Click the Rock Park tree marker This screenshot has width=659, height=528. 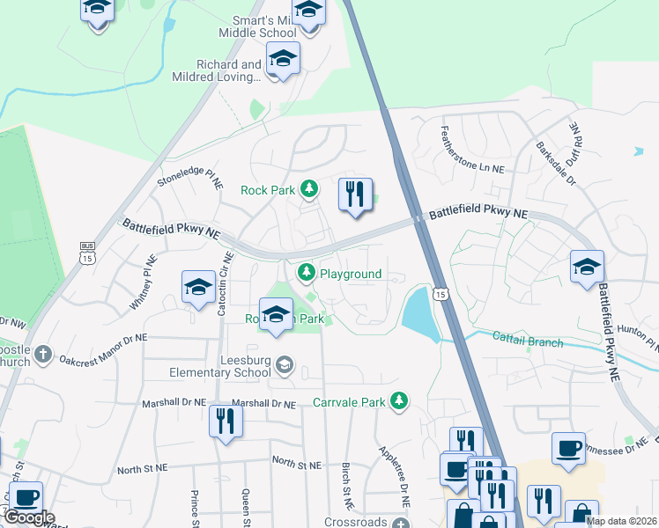pyautogui.click(x=309, y=188)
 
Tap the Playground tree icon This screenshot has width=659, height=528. pyautogui.click(x=307, y=273)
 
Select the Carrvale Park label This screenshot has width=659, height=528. pyautogui.click(x=350, y=402)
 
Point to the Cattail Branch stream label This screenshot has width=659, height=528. pyautogui.click(x=527, y=341)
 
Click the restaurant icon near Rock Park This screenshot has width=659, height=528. pyautogui.click(x=356, y=195)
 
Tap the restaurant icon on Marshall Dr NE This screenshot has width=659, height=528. pyautogui.click(x=226, y=421)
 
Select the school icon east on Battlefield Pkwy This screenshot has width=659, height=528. pyautogui.click(x=588, y=268)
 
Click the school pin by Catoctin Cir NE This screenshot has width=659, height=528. pyautogui.click(x=199, y=287)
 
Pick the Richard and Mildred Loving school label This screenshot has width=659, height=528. pyautogui.click(x=229, y=70)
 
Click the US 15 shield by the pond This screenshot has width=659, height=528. pyautogui.click(x=440, y=294)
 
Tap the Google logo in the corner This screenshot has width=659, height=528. pyautogui.click(x=28, y=517)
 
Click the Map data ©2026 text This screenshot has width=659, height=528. pyautogui.click(x=622, y=521)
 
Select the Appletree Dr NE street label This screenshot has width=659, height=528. pyautogui.click(x=395, y=474)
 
